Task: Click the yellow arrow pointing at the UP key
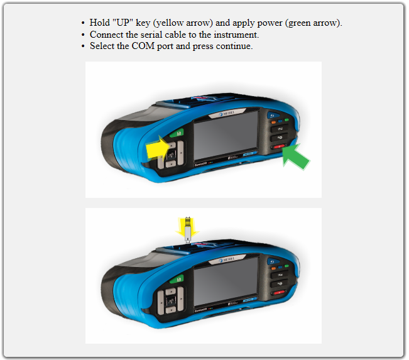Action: coord(157,150)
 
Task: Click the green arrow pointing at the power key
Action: coord(295,157)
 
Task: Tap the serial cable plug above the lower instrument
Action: coord(188,229)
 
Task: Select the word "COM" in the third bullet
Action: coord(143,46)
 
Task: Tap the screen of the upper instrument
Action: coord(226,136)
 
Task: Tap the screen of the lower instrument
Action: coord(226,281)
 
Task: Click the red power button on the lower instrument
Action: coord(279,292)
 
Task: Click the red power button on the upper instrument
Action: coord(279,147)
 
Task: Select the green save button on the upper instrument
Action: coord(177,133)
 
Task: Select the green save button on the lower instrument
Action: coord(177,280)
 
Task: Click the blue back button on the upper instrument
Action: coord(273,116)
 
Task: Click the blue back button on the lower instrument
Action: coord(273,261)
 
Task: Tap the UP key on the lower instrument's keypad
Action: coord(171,291)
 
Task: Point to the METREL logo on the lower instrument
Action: coord(227,260)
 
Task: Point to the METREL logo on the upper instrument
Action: coord(227,114)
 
